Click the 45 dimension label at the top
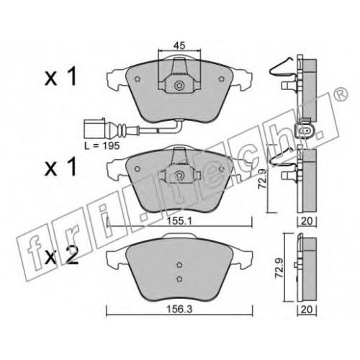(179, 45)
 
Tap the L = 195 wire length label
(102, 145)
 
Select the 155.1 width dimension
(179, 221)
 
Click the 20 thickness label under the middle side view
(307, 221)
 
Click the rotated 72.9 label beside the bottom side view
(279, 268)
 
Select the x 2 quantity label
(62, 256)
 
